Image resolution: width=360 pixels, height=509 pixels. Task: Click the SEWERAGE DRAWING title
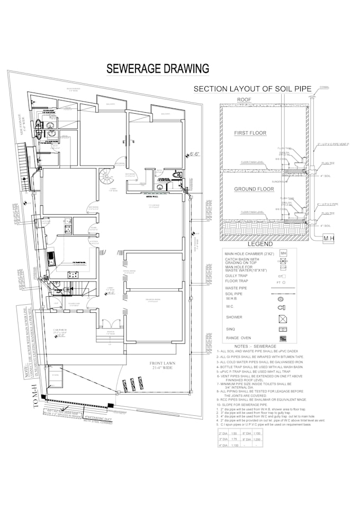(158, 69)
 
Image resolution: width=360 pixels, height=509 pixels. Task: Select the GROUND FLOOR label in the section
(254, 189)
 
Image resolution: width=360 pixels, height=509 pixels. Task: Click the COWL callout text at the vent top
(325, 87)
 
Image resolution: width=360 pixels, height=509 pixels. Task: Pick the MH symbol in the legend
(283, 253)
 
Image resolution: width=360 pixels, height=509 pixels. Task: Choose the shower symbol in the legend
(282, 318)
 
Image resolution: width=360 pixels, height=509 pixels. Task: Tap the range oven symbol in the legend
(283, 339)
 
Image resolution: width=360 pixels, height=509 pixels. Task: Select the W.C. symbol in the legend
(282, 307)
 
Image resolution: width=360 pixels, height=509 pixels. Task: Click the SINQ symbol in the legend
(283, 329)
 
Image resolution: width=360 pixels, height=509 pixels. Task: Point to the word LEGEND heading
(260, 244)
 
